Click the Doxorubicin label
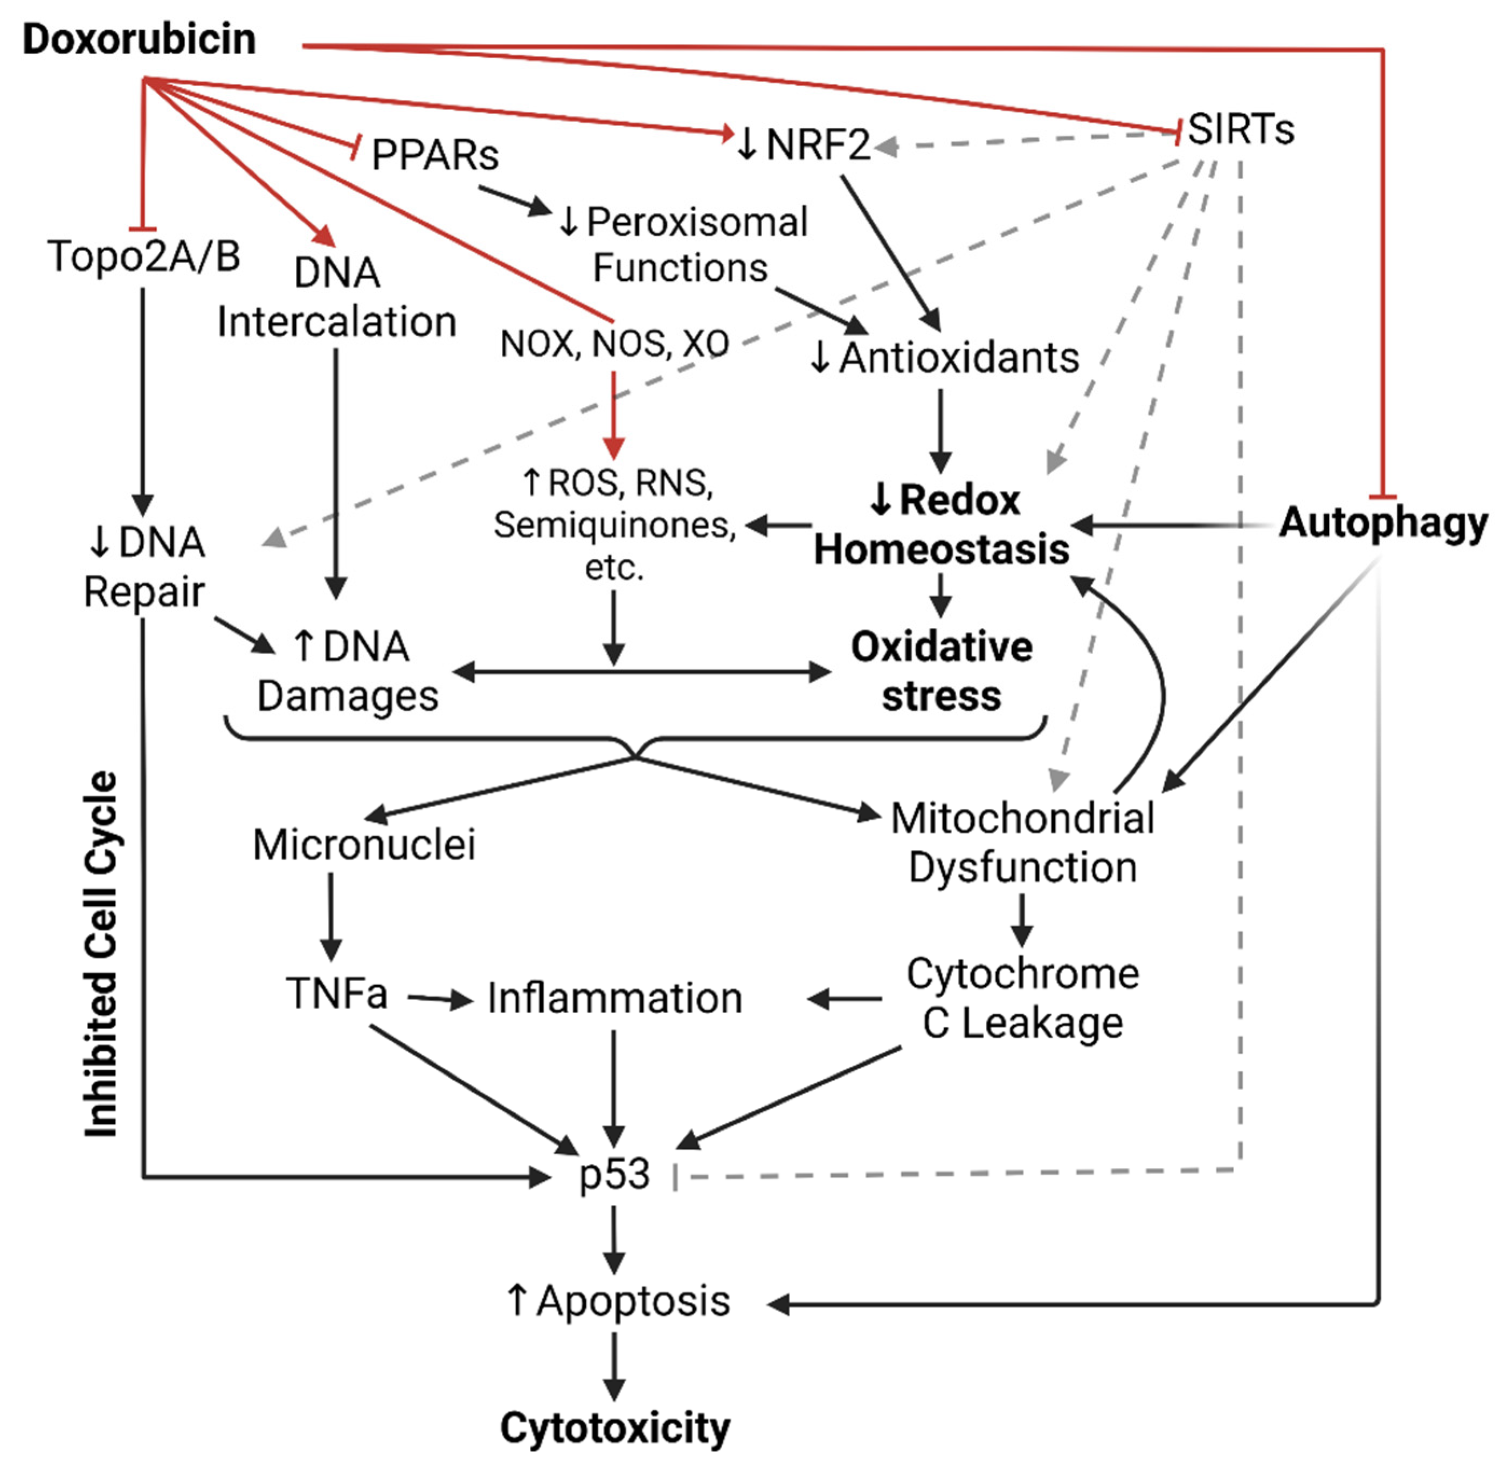(x=139, y=39)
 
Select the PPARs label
(x=435, y=155)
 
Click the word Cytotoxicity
(x=614, y=1429)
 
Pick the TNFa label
(x=337, y=993)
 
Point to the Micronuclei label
(x=364, y=844)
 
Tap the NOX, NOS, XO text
(x=614, y=344)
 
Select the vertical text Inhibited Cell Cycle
(x=101, y=953)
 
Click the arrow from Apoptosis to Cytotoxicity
(x=614, y=1367)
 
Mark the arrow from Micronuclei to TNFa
(x=331, y=917)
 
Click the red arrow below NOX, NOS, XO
(x=614, y=415)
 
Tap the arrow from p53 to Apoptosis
(x=614, y=1240)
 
